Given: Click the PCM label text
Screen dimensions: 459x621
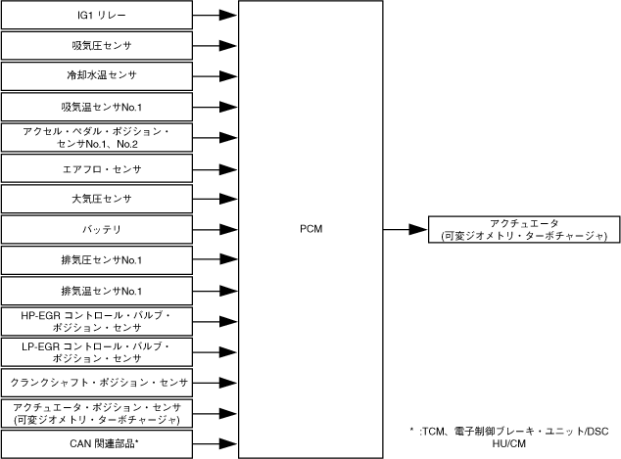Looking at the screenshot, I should point(310,230).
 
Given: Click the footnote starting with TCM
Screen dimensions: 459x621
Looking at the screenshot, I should point(510,436).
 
